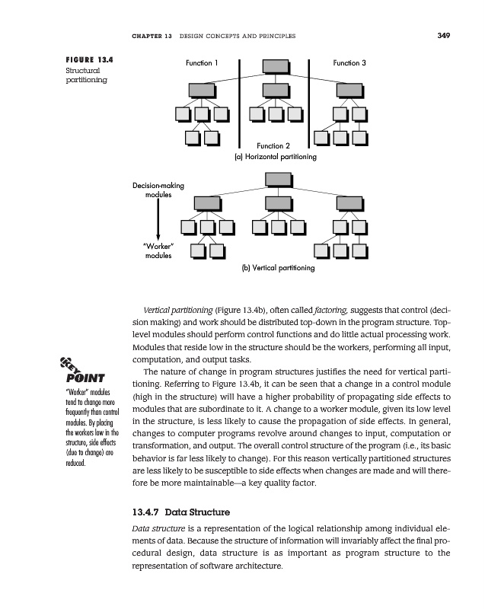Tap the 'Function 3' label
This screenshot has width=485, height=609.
tap(350, 62)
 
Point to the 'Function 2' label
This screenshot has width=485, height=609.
tap(274, 145)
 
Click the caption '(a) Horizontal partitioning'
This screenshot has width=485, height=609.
tap(274, 157)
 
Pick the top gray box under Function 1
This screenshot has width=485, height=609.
tap(203, 90)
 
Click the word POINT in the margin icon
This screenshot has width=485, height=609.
tap(86, 379)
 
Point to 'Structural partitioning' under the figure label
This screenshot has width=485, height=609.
tap(83, 75)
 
